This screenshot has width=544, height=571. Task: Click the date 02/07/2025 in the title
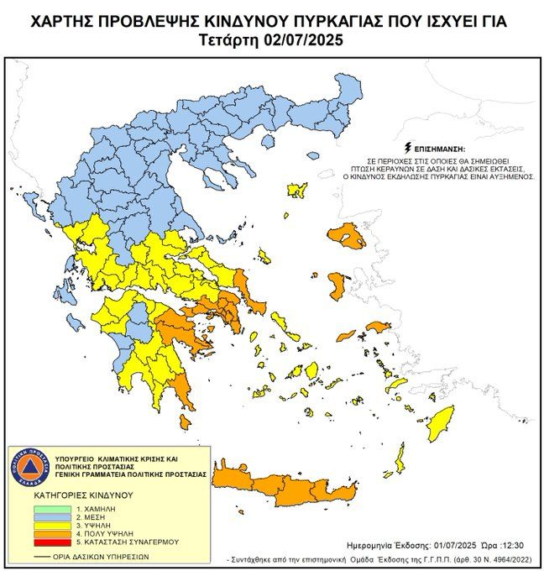(x=306, y=39)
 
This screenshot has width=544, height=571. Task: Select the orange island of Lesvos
(x=348, y=236)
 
